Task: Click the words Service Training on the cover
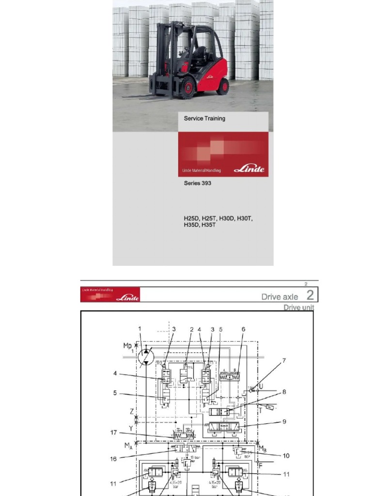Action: coord(204,118)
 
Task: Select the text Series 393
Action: coord(197,184)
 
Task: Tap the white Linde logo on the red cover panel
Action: coord(249,169)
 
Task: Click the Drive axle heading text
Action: coord(279,296)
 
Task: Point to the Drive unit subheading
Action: coord(298,308)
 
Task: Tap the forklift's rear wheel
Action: coord(223,87)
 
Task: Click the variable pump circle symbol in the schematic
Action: coord(146,356)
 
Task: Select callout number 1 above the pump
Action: coord(140,329)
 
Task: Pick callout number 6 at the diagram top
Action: coord(243,329)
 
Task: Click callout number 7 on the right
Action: coord(284,361)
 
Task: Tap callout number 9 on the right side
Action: coord(284,421)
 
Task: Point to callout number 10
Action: coord(286,456)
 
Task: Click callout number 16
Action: coord(113,458)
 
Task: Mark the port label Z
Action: coord(132,411)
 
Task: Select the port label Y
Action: coord(131,428)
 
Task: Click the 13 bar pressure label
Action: coord(195,457)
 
